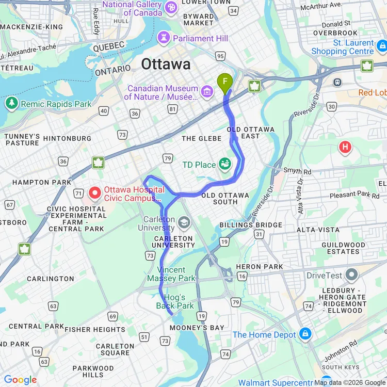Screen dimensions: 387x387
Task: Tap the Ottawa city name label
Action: pos(166,64)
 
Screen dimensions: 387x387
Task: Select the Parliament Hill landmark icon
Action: pos(164,38)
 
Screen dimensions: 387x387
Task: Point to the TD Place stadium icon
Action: pos(224,165)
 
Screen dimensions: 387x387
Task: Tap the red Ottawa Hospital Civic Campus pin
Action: pos(95,193)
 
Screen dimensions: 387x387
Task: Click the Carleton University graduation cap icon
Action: pos(183,222)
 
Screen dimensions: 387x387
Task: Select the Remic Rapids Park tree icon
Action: pos(11,104)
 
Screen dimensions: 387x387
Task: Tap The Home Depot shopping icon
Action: pos(305,334)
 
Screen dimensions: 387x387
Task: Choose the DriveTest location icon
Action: pos(351,275)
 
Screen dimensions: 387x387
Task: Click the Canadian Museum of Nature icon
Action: pos(207,91)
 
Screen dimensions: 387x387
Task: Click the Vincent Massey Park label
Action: pos(171,274)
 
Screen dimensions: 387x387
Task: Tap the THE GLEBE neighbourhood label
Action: pos(201,138)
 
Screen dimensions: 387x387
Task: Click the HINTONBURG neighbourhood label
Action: pos(67,138)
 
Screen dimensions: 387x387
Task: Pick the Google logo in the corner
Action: pos(21,380)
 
